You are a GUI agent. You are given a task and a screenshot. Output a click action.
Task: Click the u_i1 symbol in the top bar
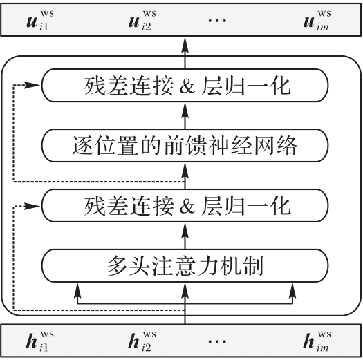tap(40, 20)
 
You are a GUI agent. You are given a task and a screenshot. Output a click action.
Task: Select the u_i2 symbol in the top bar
tap(142, 20)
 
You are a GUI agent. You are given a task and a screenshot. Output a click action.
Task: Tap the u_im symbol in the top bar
tap(317, 20)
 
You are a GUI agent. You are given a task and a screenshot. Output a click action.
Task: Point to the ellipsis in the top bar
tap(217, 21)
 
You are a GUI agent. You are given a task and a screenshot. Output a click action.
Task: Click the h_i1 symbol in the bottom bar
tap(40, 341)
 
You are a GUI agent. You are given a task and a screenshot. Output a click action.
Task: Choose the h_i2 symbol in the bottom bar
tap(142, 341)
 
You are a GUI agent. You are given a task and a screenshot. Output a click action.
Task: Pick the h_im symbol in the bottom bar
tap(317, 341)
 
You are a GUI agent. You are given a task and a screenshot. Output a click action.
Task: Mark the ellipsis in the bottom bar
tap(217, 341)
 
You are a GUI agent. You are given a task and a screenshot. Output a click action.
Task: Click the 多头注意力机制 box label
tap(185, 265)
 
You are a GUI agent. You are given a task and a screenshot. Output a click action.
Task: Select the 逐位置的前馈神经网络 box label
tap(185, 145)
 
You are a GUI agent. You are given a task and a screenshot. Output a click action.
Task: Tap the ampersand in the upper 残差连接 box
tap(187, 86)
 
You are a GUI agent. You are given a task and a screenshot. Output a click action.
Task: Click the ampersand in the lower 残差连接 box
tap(187, 206)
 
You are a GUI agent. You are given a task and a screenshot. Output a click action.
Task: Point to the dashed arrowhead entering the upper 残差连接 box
tap(32, 85)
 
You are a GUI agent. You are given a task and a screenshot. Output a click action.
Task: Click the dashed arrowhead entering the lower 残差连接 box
tap(32, 206)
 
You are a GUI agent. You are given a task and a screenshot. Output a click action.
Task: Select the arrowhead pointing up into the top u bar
tap(185, 45)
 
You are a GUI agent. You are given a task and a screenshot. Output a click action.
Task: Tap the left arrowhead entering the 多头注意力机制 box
tap(77, 290)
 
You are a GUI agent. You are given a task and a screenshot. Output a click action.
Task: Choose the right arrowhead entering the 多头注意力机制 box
tap(292, 290)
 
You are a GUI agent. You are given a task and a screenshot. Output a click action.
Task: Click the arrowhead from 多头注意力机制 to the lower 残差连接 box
tap(185, 230)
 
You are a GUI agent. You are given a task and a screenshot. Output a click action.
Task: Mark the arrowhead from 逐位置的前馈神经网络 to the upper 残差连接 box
tap(185, 110)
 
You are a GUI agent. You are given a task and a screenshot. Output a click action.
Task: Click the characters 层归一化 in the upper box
tap(245, 86)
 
